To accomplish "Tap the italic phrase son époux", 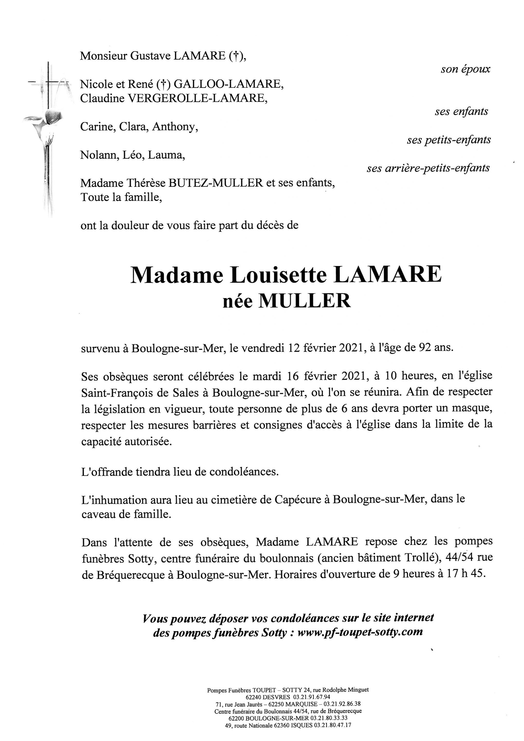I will (465, 69).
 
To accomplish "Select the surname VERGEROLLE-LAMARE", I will (198, 98).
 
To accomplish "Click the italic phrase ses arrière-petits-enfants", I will (428, 168).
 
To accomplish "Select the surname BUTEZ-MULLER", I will (216, 183).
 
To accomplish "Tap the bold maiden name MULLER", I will (305, 301).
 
